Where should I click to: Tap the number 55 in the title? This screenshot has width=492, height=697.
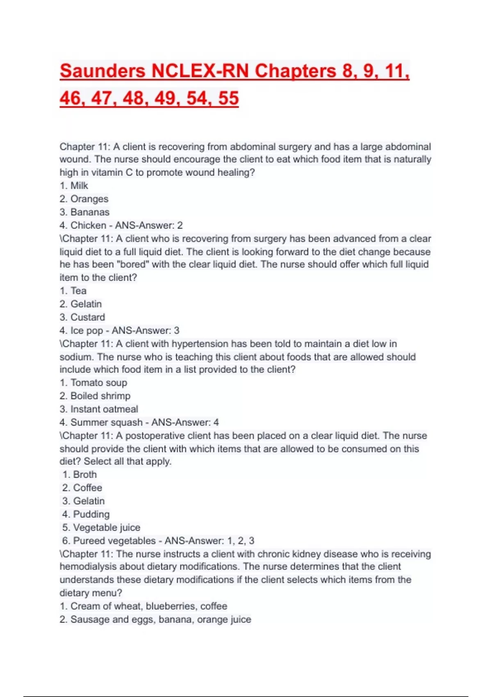coord(228,98)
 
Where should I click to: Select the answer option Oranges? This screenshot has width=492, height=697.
coord(89,199)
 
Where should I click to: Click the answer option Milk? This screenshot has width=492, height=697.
coord(79,186)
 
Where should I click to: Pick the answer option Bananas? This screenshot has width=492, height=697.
coord(90,212)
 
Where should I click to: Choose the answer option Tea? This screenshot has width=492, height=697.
coord(78,291)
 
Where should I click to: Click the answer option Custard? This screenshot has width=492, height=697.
coord(87,317)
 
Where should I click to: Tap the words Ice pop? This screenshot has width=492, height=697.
coord(87,330)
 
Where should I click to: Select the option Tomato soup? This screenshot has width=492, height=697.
coord(98,383)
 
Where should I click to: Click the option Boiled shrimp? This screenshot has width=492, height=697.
coord(100,396)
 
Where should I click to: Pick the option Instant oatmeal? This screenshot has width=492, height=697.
coord(104,409)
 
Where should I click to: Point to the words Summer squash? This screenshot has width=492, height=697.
coord(107,422)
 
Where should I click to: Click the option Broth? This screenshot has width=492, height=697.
coord(85,474)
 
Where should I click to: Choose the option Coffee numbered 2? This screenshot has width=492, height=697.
coord(87,487)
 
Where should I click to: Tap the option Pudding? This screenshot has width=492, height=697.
coord(91,514)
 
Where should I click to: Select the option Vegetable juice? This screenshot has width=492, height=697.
coord(107,527)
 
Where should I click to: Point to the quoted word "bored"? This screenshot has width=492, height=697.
coord(132,264)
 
